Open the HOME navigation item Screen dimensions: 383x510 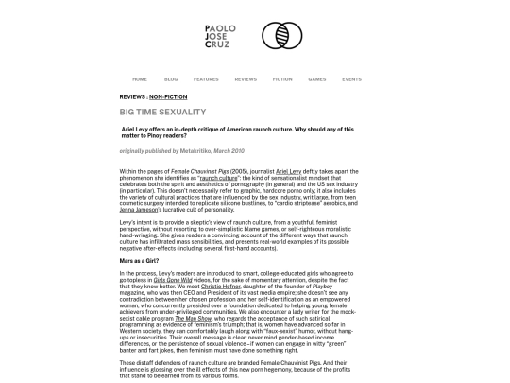click(140, 79)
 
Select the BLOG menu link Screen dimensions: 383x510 click(171, 79)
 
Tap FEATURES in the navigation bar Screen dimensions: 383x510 click(206, 79)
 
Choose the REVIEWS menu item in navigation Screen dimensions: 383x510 click(246, 79)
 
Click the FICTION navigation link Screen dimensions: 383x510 click(282, 79)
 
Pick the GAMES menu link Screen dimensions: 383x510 click(317, 79)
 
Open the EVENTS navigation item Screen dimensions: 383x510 click(351, 79)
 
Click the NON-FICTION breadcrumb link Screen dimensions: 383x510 click(168, 97)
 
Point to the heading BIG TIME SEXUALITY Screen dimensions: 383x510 click(162, 112)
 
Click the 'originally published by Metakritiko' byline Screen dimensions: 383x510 click(181, 150)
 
